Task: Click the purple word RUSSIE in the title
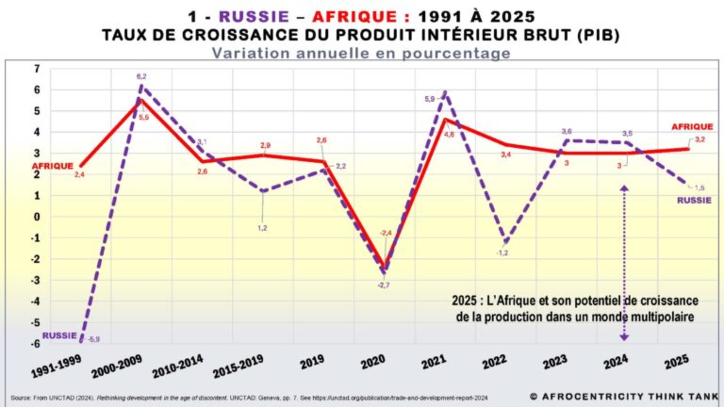pos(254,17)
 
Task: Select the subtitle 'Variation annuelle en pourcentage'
pos(361,53)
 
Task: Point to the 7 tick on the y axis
pos(37,69)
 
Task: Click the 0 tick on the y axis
pos(37,217)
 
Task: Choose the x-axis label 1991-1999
pos(56,366)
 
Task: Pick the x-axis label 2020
pos(373,362)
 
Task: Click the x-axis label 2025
pos(677,362)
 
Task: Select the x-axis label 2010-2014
pos(177,366)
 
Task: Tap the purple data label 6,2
pos(142,77)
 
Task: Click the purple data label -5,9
pos(94,340)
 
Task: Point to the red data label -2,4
pos(386,233)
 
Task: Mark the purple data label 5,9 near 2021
pos(429,99)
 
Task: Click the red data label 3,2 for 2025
pos(700,140)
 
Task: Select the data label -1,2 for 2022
pos(502,253)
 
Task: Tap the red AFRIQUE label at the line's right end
pos(692,127)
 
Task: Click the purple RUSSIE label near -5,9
pos(60,336)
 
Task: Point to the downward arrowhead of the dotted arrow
pos(624,337)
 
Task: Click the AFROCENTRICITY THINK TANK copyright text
pos(624,397)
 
